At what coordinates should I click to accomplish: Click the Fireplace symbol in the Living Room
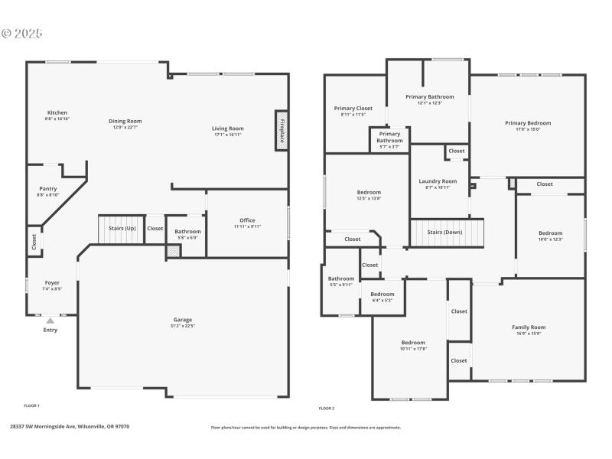(281, 128)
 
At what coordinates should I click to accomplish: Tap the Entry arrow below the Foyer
(50, 321)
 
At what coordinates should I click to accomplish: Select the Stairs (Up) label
(121, 228)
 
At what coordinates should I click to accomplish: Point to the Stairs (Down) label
(444, 232)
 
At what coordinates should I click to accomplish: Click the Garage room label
(183, 319)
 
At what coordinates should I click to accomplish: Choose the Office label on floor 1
(247, 220)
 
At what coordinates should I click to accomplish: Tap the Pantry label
(48, 188)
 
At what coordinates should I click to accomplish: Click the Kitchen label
(57, 112)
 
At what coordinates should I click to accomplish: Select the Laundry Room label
(438, 181)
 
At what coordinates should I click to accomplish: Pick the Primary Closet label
(353, 109)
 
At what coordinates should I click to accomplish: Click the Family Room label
(529, 327)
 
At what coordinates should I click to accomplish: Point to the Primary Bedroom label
(528, 122)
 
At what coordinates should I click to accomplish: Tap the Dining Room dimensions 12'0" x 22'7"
(125, 127)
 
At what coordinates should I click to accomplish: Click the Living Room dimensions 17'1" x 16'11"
(228, 135)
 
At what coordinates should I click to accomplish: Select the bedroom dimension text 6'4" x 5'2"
(382, 300)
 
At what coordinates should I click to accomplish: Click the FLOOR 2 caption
(327, 409)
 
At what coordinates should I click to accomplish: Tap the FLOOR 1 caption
(31, 405)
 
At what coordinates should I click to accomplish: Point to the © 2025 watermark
(23, 34)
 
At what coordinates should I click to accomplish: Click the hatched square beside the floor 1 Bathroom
(173, 251)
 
